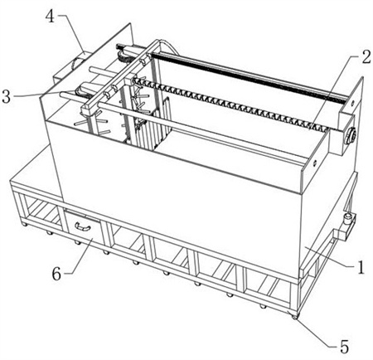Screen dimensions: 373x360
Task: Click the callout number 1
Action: pyautogui.click(x=361, y=267)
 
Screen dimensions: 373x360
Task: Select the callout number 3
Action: pyautogui.click(x=6, y=96)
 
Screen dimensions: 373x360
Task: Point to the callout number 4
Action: pyautogui.click(x=50, y=16)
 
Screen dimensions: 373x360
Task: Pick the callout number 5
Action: pyautogui.click(x=344, y=347)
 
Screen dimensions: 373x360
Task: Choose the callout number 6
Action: pyautogui.click(x=56, y=274)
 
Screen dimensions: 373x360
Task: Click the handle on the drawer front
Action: pyautogui.click(x=82, y=226)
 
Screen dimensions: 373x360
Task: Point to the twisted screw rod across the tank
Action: pyautogui.click(x=230, y=105)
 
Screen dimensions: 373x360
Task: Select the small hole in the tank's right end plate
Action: pyautogui.click(x=314, y=163)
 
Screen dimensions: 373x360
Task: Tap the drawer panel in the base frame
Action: pyautogui.click(x=82, y=227)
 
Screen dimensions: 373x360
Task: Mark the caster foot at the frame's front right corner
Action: pyautogui.click(x=295, y=317)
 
